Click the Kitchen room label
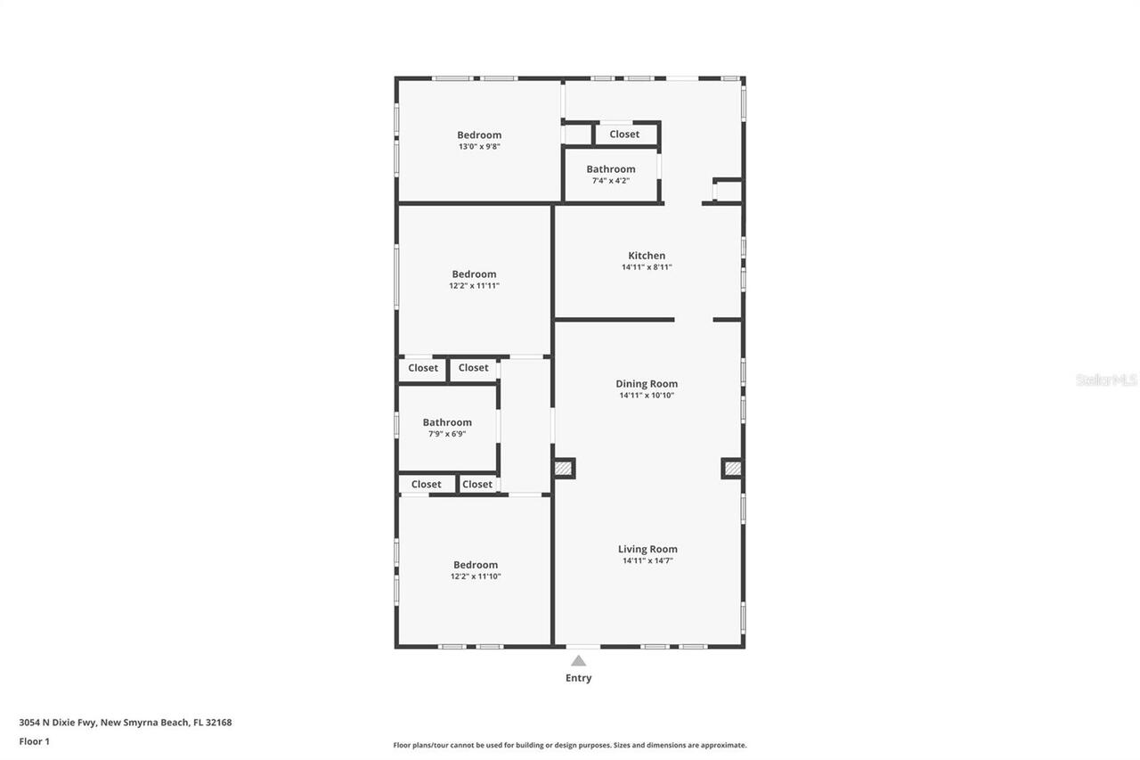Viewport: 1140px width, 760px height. pos(647,256)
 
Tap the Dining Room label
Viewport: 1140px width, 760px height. pos(647,384)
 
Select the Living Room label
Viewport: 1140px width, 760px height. pos(647,549)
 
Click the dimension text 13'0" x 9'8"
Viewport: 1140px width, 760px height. pos(479,147)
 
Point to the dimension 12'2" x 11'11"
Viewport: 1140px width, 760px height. pos(474,286)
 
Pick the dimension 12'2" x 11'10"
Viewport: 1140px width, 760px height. pos(476,576)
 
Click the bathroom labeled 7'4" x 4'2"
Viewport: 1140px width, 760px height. pos(611,175)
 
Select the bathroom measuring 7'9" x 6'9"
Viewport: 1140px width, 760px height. pos(447,428)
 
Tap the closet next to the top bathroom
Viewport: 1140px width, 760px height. pos(624,135)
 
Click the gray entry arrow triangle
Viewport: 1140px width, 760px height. pos(579,660)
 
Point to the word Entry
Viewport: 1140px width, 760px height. pos(578,678)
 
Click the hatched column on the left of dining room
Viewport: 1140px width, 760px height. pos(563,468)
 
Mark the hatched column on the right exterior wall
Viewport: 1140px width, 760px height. pos(732,468)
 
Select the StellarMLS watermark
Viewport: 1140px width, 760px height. pos(1106,380)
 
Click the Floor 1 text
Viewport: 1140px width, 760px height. pos(35,741)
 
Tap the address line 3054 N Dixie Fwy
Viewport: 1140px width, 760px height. pos(126,723)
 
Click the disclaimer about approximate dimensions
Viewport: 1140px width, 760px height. pos(570,745)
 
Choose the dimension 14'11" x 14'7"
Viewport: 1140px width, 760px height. pos(647,560)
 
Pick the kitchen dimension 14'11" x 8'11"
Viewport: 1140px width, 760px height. pos(647,267)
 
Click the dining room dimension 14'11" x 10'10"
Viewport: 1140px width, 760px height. pos(647,396)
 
